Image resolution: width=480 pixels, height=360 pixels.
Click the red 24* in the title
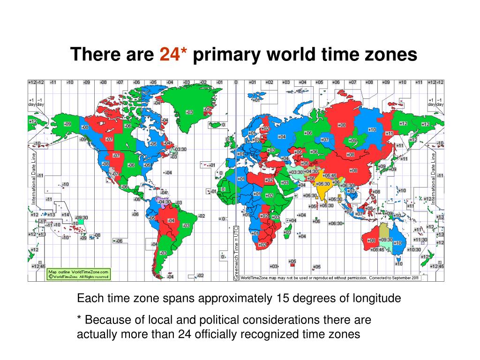coord(173,55)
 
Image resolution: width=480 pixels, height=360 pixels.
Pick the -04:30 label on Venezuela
coord(165,202)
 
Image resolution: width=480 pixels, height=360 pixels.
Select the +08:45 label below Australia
coord(377,250)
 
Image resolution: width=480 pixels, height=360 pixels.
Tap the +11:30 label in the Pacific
coord(420,240)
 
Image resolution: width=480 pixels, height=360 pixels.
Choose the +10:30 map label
coord(414,249)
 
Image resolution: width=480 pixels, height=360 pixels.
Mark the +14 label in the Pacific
coord(65,215)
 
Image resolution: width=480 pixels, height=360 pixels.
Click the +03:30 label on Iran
coord(296,172)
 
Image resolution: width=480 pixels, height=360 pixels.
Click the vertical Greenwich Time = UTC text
coord(235,253)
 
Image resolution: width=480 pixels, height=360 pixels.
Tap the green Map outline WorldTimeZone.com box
coord(79,274)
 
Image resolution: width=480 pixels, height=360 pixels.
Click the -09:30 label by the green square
coord(82,218)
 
